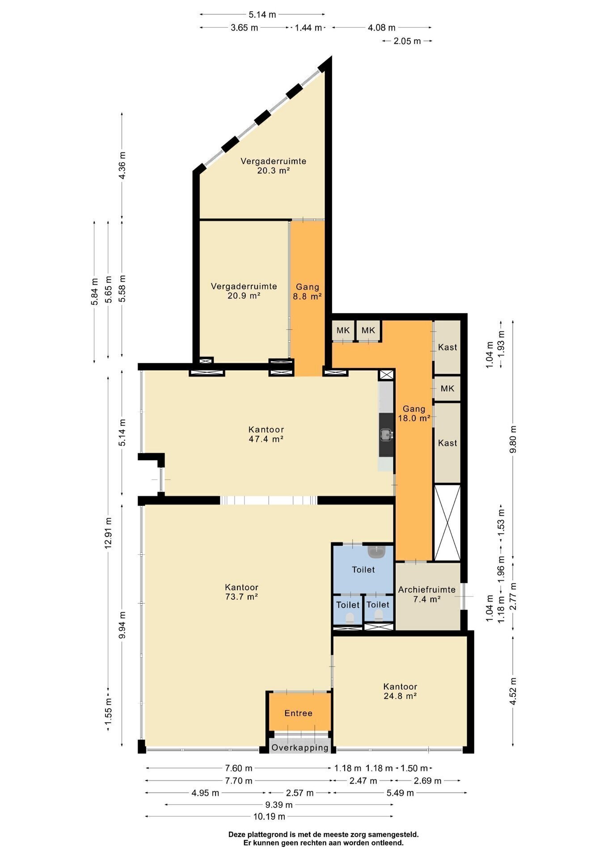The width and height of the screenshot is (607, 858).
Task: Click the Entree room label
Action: point(298,713)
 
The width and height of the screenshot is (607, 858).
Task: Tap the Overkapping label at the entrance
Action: point(300,747)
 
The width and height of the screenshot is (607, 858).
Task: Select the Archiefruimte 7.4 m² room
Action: point(427,594)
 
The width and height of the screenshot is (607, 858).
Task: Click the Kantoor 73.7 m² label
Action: point(241,592)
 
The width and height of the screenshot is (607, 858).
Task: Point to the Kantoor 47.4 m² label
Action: point(266,434)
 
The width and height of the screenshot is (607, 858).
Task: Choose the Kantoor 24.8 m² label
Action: point(400,691)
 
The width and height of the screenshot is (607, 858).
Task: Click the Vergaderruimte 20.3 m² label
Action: point(274,165)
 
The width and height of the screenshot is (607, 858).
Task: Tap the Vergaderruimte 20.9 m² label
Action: point(244,290)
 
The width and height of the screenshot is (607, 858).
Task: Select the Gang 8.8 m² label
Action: point(308,291)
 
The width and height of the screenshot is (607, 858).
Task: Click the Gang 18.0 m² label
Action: point(414,413)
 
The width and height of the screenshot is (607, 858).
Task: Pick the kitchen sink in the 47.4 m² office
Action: point(386,433)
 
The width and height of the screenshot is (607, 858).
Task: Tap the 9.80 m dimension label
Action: point(513,438)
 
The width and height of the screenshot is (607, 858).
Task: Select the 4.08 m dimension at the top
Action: point(381,28)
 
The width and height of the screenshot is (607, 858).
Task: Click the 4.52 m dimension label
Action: point(513,691)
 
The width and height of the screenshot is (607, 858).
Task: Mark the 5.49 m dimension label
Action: point(400,793)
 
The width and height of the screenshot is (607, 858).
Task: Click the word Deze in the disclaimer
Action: point(237,834)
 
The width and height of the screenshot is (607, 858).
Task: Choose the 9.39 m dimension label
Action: point(279,804)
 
